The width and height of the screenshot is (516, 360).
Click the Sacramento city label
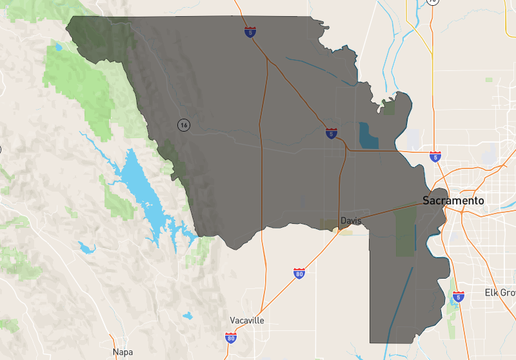[x=453, y=201]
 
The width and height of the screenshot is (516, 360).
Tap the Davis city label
[x=351, y=221]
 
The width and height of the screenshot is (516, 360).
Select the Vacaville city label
[x=247, y=320]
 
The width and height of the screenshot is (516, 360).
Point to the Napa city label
[x=123, y=352]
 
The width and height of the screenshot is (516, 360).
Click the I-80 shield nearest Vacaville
[x=231, y=337]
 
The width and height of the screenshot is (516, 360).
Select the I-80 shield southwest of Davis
[x=299, y=274]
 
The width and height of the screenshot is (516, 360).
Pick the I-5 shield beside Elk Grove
[x=458, y=297]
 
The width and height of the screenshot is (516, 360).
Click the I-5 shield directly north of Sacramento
[x=435, y=155]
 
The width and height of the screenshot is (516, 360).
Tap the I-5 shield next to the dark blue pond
[x=331, y=134]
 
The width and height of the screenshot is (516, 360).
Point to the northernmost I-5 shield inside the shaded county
[x=249, y=32]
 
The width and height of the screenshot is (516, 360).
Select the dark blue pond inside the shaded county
[x=368, y=135]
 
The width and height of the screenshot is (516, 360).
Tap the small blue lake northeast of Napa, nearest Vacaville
[x=187, y=315]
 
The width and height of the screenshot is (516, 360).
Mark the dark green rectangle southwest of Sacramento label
[x=405, y=229]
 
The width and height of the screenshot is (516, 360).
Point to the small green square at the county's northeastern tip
[x=388, y=107]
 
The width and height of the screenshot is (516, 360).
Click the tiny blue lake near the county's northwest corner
[x=59, y=46]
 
